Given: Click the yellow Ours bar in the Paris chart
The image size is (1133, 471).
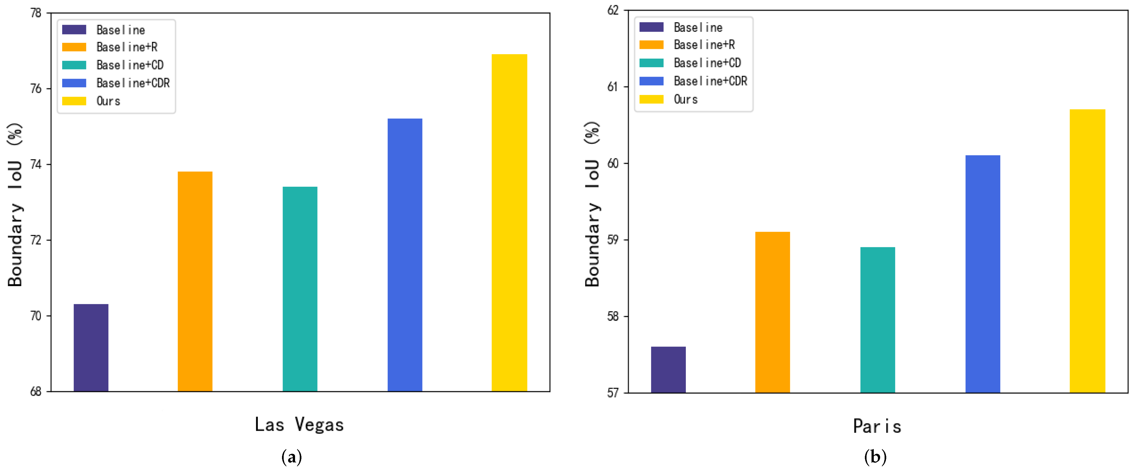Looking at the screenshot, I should click(x=1087, y=251).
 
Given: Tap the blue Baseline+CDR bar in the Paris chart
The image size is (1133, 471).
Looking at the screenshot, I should click(x=983, y=274).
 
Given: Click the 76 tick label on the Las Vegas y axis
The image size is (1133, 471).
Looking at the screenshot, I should click(x=36, y=89).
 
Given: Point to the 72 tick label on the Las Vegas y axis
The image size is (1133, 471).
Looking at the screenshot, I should click(x=36, y=240).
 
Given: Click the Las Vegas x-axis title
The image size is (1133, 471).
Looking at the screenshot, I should click(x=299, y=425).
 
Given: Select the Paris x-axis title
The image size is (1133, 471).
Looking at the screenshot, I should click(x=877, y=426).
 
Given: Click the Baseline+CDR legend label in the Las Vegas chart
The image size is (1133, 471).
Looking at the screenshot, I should click(x=133, y=83).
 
